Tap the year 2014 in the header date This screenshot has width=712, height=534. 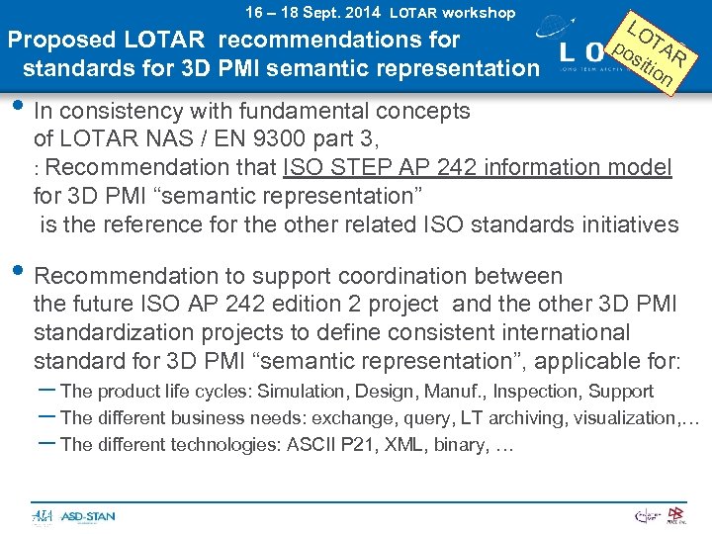pos(363,13)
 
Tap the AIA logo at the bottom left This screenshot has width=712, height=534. pos(43,516)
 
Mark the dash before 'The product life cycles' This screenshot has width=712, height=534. pos(45,392)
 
